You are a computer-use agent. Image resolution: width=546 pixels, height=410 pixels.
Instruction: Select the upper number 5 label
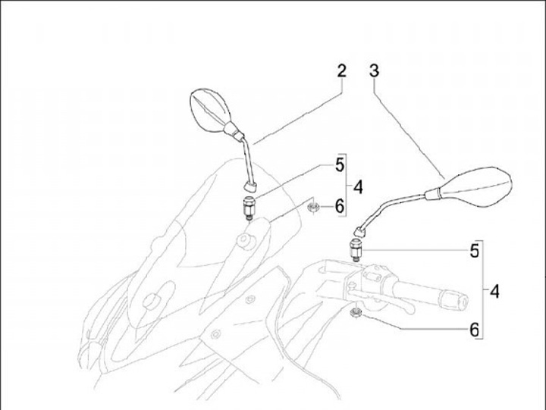340,164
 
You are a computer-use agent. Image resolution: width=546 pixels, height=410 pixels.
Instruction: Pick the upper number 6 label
340,206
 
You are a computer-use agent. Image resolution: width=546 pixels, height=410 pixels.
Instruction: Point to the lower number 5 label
475,251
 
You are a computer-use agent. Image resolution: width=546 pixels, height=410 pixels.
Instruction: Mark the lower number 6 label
475,330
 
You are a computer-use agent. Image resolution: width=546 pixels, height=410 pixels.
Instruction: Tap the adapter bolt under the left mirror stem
248,206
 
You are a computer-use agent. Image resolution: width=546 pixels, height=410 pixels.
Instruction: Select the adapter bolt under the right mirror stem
355,247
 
